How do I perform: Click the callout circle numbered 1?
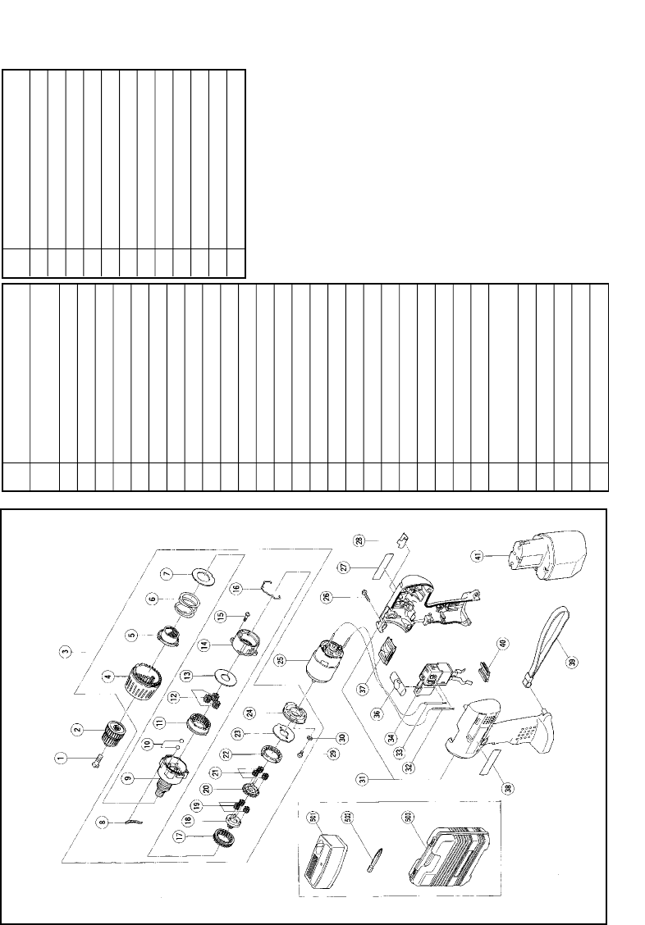[x=60, y=758]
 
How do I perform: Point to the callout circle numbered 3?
[x=64, y=653]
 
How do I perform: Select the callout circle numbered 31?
[x=362, y=779]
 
